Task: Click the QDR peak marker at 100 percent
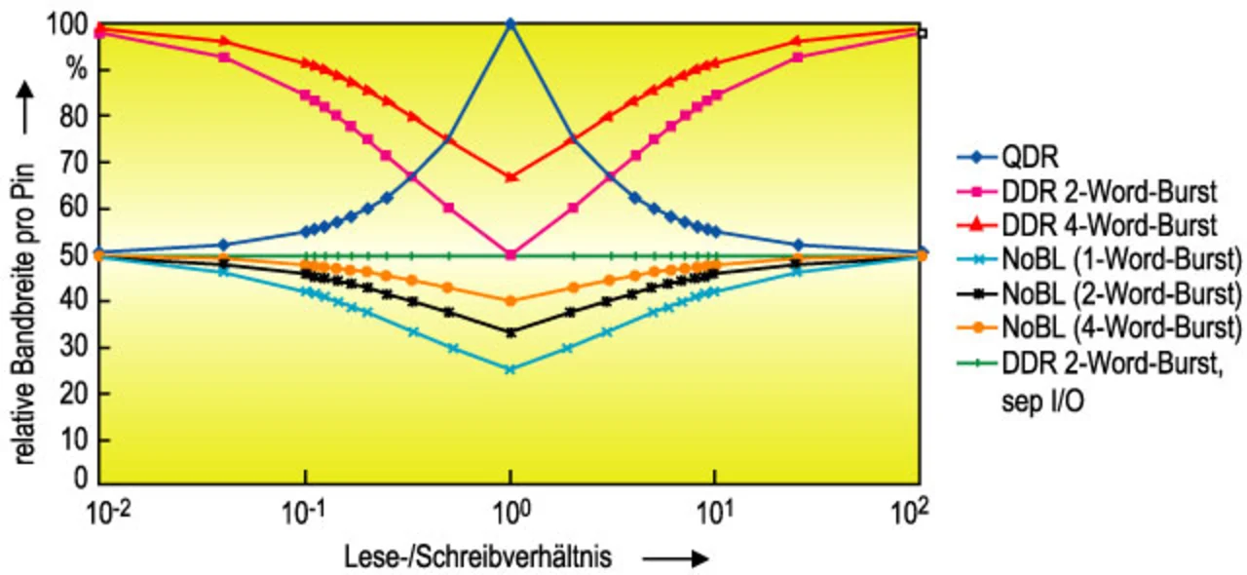pos(510,22)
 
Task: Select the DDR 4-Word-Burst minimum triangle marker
pos(510,176)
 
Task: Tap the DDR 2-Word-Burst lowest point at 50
pos(510,254)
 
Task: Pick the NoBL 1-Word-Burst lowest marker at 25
pos(510,369)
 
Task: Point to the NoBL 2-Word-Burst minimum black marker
pos(510,332)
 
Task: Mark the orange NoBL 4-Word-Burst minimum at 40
pos(510,300)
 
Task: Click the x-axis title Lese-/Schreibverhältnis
pos(478,557)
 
